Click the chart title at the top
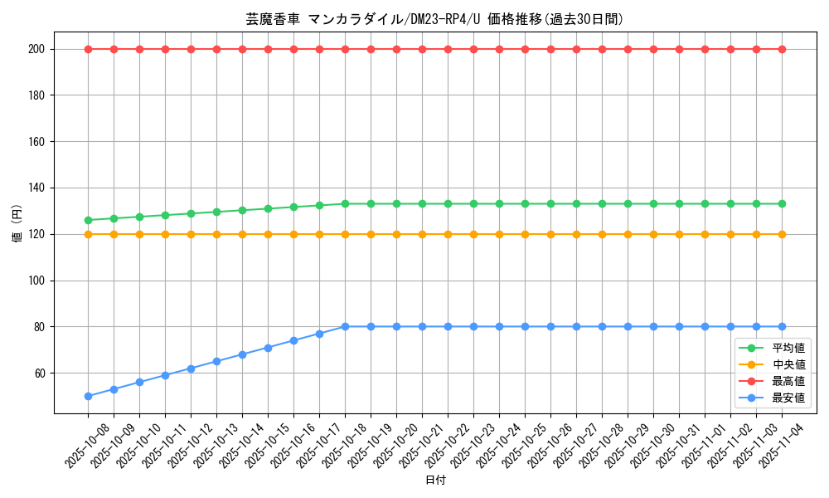point(434,19)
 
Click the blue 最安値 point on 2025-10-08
point(88,396)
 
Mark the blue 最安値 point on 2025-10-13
point(216,361)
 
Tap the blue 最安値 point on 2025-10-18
point(345,327)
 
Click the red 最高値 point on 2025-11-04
point(782,49)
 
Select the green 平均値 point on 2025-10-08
point(88,220)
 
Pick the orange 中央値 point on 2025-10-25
point(525,234)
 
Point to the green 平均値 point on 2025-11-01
point(705,203)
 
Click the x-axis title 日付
point(434,481)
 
